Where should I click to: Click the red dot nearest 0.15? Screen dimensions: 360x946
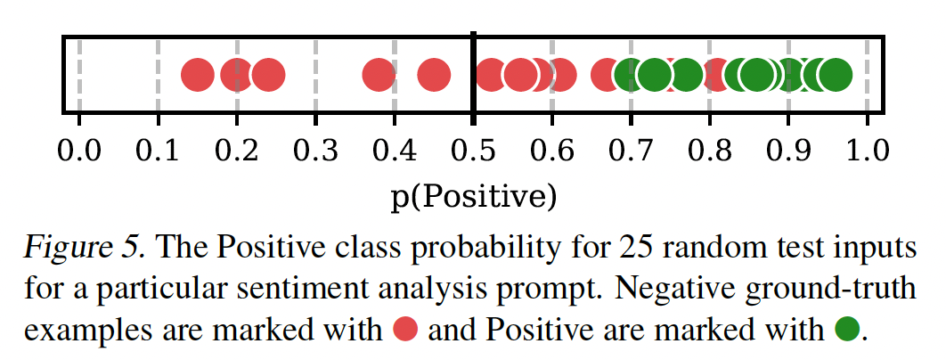click(x=198, y=76)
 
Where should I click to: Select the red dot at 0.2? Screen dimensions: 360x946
click(x=237, y=76)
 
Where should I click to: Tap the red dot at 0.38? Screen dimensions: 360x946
click(x=379, y=76)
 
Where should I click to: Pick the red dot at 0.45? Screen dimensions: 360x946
click(x=434, y=76)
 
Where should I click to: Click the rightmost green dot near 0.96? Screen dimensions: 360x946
click(x=835, y=76)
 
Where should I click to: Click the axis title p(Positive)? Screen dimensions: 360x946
click(x=473, y=193)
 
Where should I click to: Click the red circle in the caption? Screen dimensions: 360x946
click(x=407, y=331)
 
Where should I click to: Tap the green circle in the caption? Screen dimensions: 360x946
click(x=849, y=331)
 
